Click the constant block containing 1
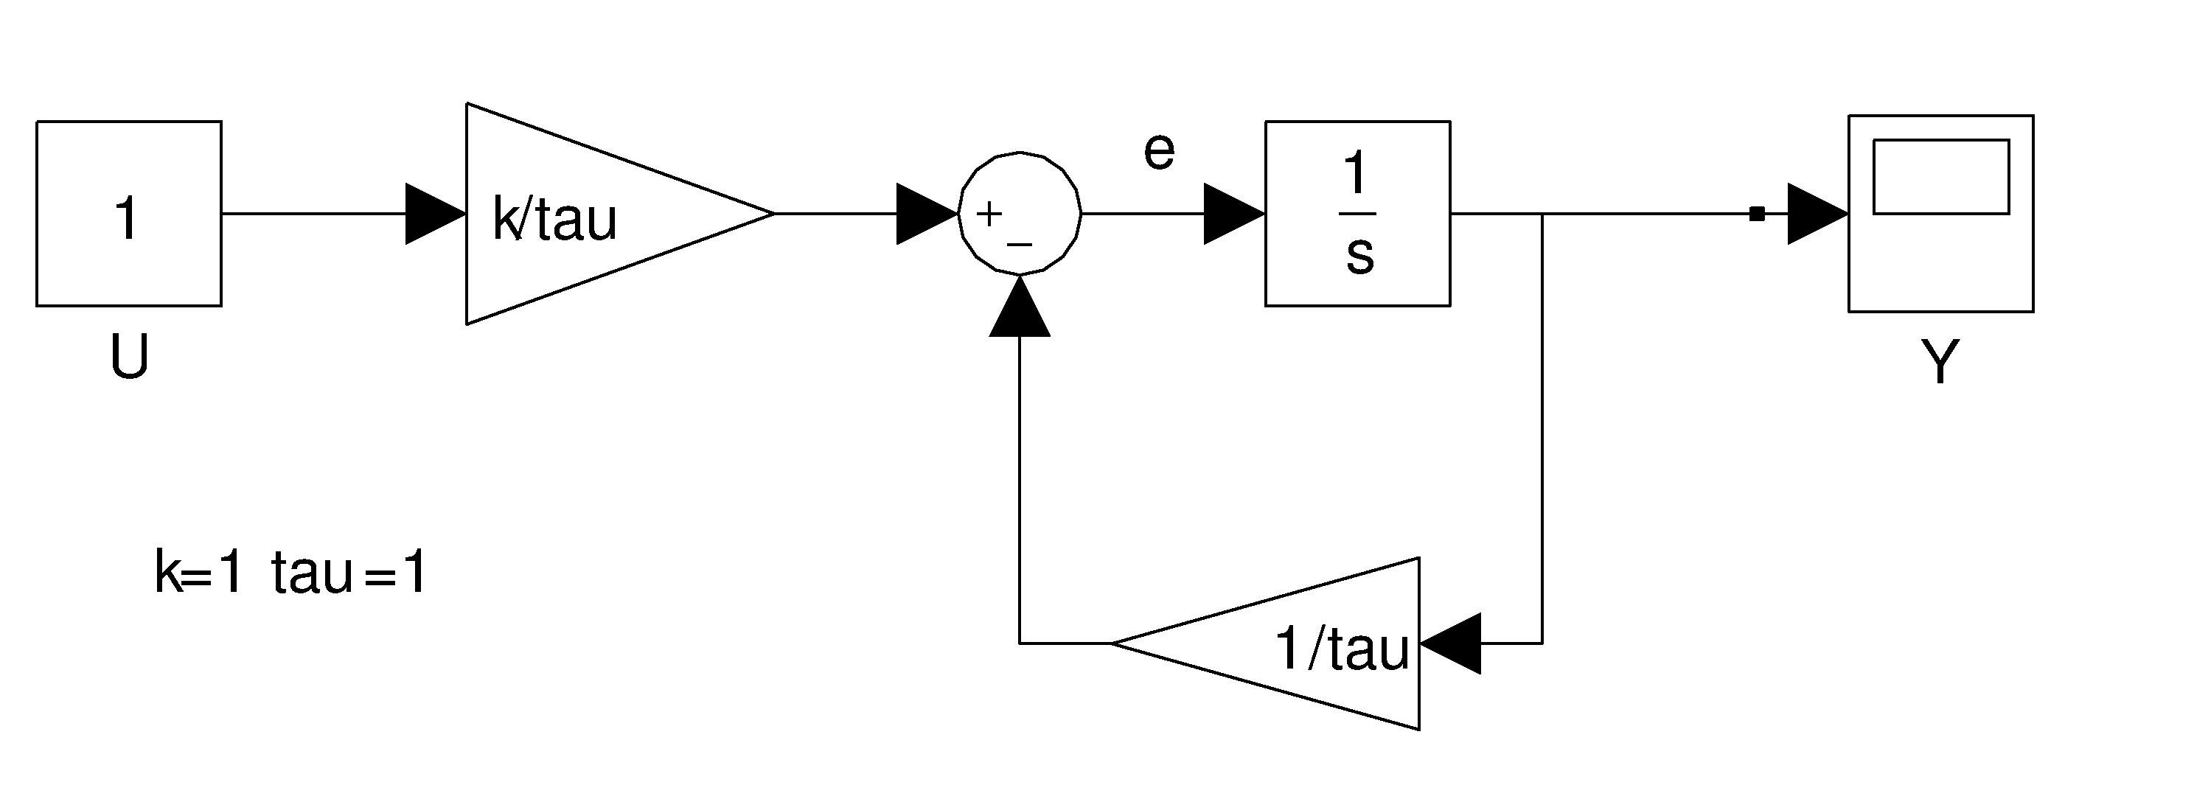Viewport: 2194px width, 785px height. click(128, 214)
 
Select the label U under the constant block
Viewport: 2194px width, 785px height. click(130, 357)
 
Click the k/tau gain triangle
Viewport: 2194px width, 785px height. click(588, 214)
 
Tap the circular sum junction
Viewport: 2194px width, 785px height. click(1020, 214)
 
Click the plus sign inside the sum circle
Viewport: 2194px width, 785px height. click(989, 214)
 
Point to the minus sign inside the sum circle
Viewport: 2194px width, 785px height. click(1020, 245)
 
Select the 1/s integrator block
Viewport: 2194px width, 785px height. click(1358, 214)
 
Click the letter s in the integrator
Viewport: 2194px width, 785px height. click(1359, 254)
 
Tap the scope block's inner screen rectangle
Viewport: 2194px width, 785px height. click(1941, 176)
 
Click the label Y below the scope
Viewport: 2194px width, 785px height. click(1940, 362)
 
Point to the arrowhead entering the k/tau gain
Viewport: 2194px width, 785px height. click(435, 214)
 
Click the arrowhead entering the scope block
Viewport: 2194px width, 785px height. click(1817, 214)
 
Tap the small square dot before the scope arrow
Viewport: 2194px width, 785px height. click(1756, 214)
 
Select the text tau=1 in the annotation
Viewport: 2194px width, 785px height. click(349, 572)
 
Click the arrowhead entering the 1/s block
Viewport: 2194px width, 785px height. click(1233, 214)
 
